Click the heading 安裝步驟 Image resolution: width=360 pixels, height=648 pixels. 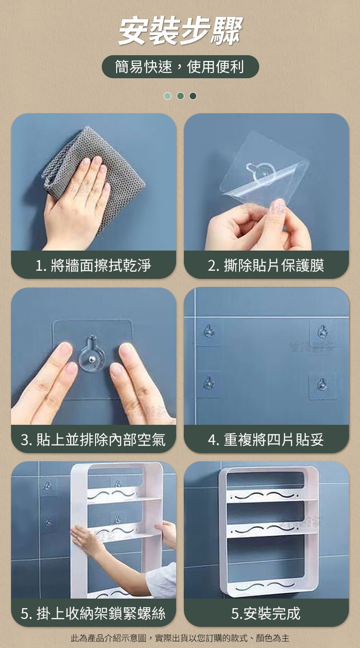pos(180,31)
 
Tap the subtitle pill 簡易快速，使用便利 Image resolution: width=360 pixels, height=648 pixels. pos(180,67)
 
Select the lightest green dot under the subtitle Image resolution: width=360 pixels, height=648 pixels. pos(167,96)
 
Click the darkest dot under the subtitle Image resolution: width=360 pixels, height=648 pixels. pos(193,96)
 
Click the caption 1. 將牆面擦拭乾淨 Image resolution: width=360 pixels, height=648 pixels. pos(93,265)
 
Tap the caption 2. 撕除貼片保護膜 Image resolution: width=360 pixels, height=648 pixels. pos(266,265)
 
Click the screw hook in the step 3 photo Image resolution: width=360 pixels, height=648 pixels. pos(92,354)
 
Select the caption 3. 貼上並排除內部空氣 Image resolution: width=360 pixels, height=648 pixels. pos(93,439)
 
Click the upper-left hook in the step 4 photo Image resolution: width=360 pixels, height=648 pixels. pos(208,332)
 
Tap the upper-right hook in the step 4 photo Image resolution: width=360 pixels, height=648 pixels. pos(322,332)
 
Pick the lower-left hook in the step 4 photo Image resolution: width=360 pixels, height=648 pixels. pos(208,383)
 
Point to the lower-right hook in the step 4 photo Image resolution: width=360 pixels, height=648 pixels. pos(322,384)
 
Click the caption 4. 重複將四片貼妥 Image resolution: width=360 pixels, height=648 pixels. pos(266,439)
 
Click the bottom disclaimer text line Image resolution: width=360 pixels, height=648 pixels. pos(180,638)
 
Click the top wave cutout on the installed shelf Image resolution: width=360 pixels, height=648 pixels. pos(265,496)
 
